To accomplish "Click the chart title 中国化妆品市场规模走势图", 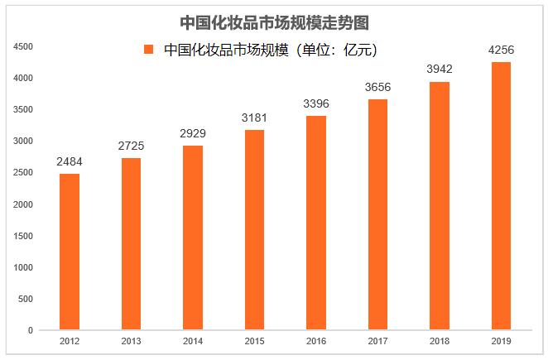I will click(x=274, y=22).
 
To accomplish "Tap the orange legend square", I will click(x=149, y=50).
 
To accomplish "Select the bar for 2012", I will click(x=70, y=252).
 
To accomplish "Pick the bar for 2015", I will click(x=254, y=230).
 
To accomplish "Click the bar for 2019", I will click(x=501, y=196).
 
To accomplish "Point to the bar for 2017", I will click(x=377, y=214).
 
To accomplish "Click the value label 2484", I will click(x=70, y=161).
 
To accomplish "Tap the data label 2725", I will click(x=132, y=146).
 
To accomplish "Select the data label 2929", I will click(x=193, y=132).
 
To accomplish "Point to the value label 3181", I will click(x=254, y=117).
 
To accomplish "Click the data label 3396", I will click(x=316, y=103).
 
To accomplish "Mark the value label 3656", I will click(x=377, y=87).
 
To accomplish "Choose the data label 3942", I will click(x=439, y=69).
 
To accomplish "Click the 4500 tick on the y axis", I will click(x=23, y=46).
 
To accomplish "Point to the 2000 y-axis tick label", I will click(x=23, y=204).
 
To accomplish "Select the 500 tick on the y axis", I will click(x=26, y=299).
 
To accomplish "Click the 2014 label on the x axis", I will click(x=193, y=341).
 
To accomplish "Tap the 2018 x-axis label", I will click(x=439, y=341).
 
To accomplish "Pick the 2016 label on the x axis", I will click(x=316, y=341).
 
